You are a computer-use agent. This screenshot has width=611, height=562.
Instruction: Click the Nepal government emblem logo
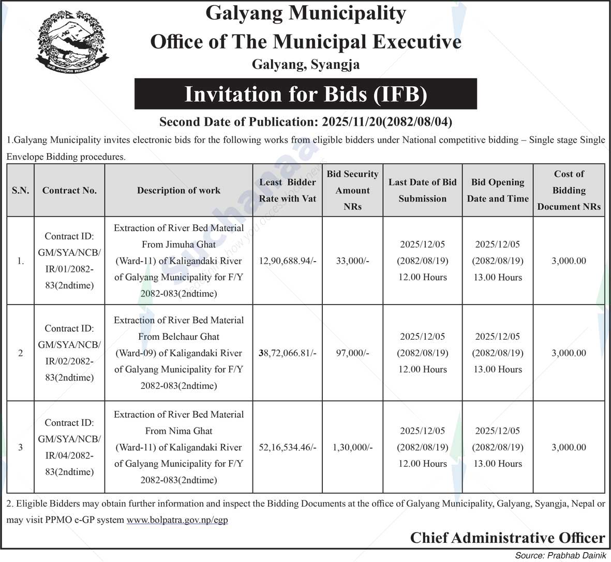72,43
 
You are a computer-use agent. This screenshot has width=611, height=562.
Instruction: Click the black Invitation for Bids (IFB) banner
305,94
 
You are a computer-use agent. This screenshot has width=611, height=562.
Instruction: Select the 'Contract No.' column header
69,190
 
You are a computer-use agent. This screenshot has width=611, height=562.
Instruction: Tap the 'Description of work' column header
178,190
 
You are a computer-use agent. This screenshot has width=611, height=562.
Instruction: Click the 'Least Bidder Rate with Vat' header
288,190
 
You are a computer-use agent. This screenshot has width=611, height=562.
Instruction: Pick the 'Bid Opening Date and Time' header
498,190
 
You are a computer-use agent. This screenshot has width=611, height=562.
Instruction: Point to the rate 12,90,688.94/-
288,261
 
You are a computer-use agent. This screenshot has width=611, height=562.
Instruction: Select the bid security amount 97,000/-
352,353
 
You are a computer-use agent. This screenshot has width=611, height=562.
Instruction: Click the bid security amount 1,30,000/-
352,447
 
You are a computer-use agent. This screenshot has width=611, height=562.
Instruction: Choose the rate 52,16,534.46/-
288,447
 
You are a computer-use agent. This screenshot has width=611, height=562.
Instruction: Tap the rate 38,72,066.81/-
288,353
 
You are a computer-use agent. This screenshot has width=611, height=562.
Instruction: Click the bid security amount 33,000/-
352,261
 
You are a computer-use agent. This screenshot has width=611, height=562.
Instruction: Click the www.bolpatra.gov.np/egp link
177,520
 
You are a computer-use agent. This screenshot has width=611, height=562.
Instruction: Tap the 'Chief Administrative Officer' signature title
507,538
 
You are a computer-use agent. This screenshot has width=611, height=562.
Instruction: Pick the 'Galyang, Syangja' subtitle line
305,65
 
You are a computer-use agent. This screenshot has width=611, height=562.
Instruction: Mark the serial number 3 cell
21,447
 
